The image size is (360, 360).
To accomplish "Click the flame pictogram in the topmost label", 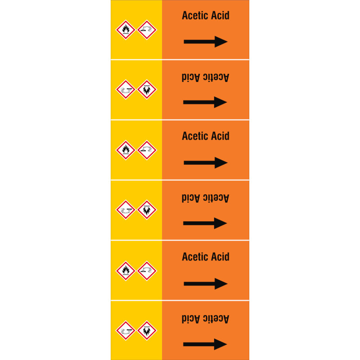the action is [x=126, y=30].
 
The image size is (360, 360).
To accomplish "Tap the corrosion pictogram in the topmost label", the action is [x=147, y=30].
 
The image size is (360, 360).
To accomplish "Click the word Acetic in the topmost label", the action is [x=195, y=15].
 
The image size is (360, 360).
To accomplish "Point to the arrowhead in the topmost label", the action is [x=221, y=42].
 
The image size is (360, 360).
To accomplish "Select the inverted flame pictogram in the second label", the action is [x=147, y=90].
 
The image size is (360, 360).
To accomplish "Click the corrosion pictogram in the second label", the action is [x=126, y=90].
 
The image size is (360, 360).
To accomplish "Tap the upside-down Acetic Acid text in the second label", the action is [x=205, y=77].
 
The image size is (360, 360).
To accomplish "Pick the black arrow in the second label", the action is [x=205, y=102].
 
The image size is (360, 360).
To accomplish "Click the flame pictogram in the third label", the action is [x=126, y=150].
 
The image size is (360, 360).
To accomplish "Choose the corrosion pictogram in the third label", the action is [x=147, y=150].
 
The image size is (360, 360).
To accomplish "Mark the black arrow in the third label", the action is [x=206, y=163].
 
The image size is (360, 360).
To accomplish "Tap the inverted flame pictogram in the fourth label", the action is [x=147, y=210].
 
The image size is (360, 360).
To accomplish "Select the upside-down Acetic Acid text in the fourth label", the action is [x=205, y=198].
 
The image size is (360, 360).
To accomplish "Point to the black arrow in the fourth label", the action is [x=205, y=223].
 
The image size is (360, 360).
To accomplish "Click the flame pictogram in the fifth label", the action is [x=126, y=271].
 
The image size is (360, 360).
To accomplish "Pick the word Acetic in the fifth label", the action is [x=195, y=256].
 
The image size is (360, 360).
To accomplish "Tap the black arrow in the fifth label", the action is [x=206, y=284].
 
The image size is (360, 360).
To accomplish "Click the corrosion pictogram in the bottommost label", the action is [x=126, y=331].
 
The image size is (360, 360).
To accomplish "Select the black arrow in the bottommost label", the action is [x=205, y=344].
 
